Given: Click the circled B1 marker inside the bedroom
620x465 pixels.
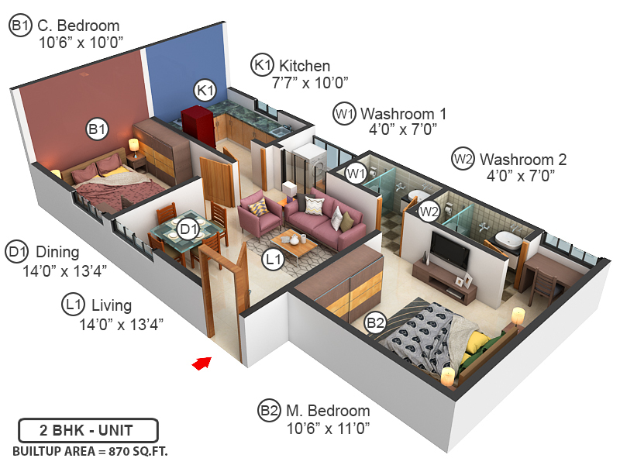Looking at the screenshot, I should pos(97,129).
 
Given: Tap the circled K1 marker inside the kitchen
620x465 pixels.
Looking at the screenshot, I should pos(205,90).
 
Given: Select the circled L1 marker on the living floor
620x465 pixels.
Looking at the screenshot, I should pos(272,261).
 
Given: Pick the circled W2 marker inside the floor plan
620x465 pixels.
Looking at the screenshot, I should pos(429,210).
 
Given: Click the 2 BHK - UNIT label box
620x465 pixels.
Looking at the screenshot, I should pos(88,430).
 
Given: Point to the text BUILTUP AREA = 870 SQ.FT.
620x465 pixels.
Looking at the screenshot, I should pos(90,450).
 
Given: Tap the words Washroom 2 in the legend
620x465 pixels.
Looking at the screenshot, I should pos(523,160).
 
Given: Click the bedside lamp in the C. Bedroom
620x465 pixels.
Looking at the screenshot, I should pos(134,146).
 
